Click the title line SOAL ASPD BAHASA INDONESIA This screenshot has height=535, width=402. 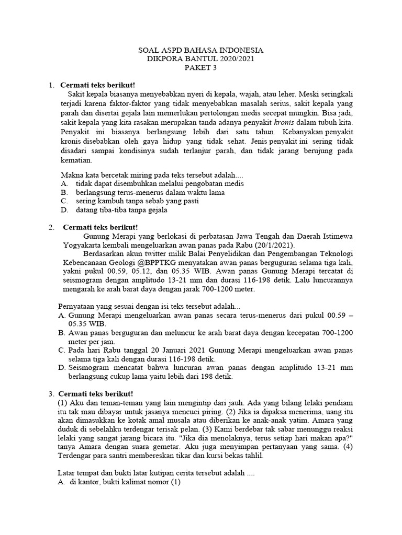200,50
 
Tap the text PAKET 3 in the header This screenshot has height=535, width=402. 200,68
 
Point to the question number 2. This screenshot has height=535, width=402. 51,227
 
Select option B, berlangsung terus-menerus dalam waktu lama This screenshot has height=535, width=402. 142,192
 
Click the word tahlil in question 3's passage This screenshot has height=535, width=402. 252,455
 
